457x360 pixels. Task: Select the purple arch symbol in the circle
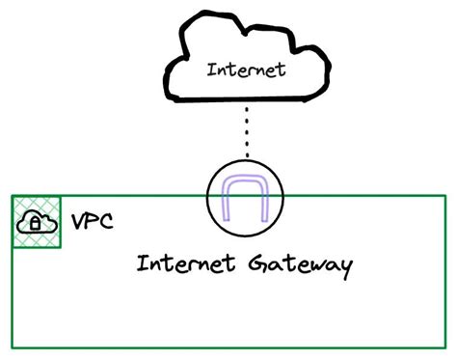[x=246, y=199]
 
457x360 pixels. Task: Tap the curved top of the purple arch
[x=246, y=181]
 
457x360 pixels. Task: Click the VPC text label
[x=94, y=223]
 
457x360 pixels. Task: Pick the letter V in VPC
[x=79, y=223]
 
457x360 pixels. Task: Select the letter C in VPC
[x=107, y=223]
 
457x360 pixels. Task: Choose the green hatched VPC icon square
[x=37, y=222]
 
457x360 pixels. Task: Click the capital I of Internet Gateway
[x=141, y=263]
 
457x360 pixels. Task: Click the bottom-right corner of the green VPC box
[x=446, y=347]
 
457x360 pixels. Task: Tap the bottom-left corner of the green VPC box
[x=13, y=347]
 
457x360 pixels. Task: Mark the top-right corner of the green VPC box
[x=446, y=197]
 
